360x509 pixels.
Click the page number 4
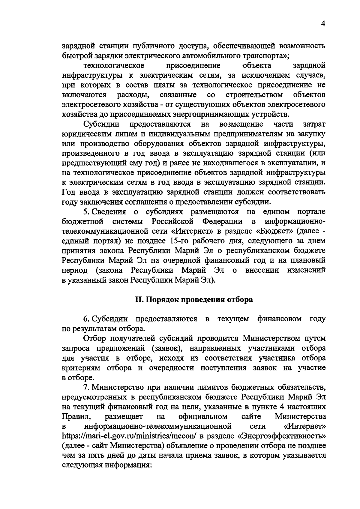click(x=323, y=24)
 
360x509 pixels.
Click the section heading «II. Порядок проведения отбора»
click(x=193, y=300)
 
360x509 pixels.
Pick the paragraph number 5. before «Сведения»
click(x=86, y=212)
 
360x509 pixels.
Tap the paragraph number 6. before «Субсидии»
click(x=86, y=319)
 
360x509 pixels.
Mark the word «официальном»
click(x=203, y=417)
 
